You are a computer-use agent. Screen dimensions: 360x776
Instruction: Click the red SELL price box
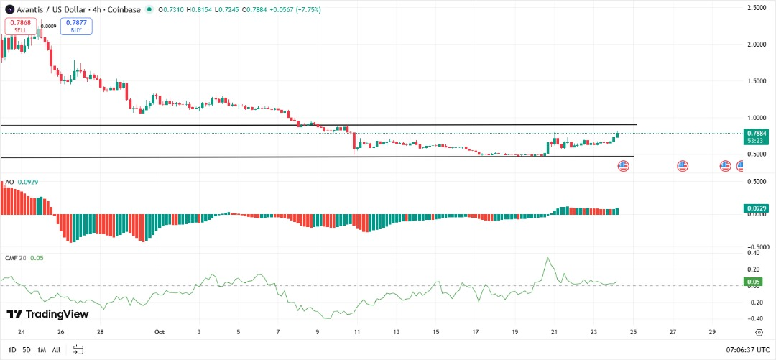20,27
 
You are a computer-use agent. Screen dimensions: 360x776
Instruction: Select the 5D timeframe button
26,349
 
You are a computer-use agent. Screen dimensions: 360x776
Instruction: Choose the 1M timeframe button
42,349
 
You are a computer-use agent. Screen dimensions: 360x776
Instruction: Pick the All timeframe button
57,349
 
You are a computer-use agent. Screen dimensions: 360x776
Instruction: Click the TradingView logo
47,314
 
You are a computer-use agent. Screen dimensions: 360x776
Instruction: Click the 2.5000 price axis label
756,8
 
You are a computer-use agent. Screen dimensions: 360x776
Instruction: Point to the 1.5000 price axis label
756,81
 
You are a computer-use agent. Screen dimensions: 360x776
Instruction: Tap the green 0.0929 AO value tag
757,208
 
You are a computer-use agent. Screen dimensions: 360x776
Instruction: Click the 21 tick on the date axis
554,333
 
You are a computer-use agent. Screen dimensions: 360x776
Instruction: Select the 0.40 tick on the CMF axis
754,253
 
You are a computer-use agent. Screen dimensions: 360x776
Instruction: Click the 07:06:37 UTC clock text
743,349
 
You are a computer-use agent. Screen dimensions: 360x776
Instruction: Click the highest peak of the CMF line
548,257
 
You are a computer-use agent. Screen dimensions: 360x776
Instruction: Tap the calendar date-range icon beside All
78,349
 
